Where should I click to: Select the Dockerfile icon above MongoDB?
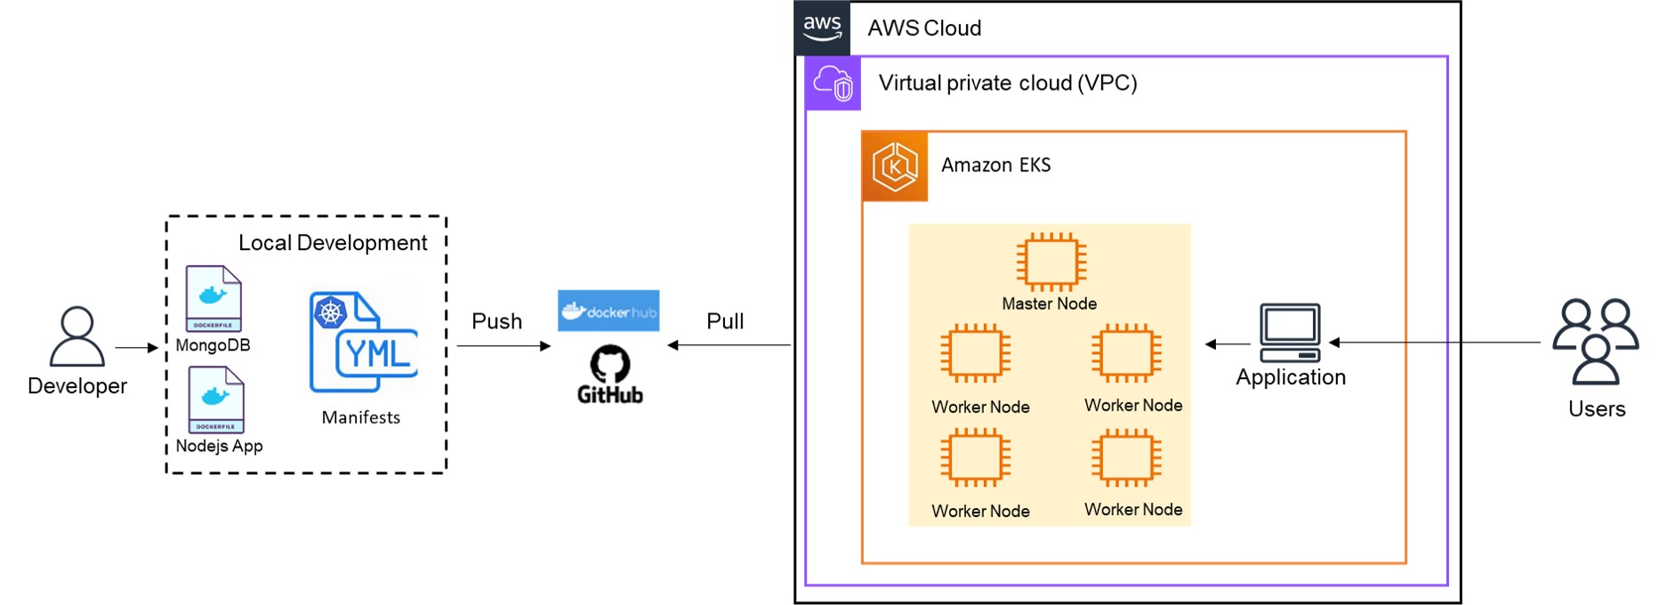(213, 299)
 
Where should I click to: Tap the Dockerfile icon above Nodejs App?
(216, 400)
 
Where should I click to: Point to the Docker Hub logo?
(608, 311)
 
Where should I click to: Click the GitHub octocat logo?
(610, 364)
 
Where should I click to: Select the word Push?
(496, 321)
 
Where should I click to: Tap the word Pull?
(725, 321)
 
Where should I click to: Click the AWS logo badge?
(822, 28)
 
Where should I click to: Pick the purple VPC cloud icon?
(833, 84)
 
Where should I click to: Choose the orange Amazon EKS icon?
(895, 166)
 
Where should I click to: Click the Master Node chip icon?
(1051, 262)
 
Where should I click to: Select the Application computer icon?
(1290, 333)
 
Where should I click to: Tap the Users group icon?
(1596, 342)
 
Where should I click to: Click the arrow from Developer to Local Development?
(136, 348)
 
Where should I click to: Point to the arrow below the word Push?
(503, 346)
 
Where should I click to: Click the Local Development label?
(333, 243)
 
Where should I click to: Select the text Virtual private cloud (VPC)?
(1008, 83)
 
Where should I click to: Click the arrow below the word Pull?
(729, 345)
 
